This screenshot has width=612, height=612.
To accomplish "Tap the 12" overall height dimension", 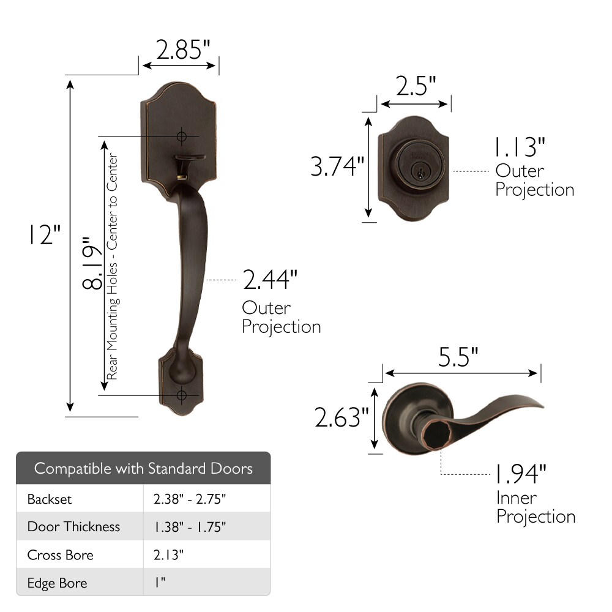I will coord(42,235).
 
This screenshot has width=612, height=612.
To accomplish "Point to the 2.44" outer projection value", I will coord(270,280).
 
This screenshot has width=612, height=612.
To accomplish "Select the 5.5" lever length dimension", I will coord(458,356).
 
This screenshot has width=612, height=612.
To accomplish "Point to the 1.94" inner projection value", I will coord(520,473).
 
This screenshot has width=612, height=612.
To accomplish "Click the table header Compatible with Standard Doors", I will coord(143,469).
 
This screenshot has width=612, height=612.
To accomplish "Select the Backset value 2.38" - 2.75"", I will coord(190,499).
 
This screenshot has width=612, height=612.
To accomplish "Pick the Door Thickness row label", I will coord(73,527).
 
